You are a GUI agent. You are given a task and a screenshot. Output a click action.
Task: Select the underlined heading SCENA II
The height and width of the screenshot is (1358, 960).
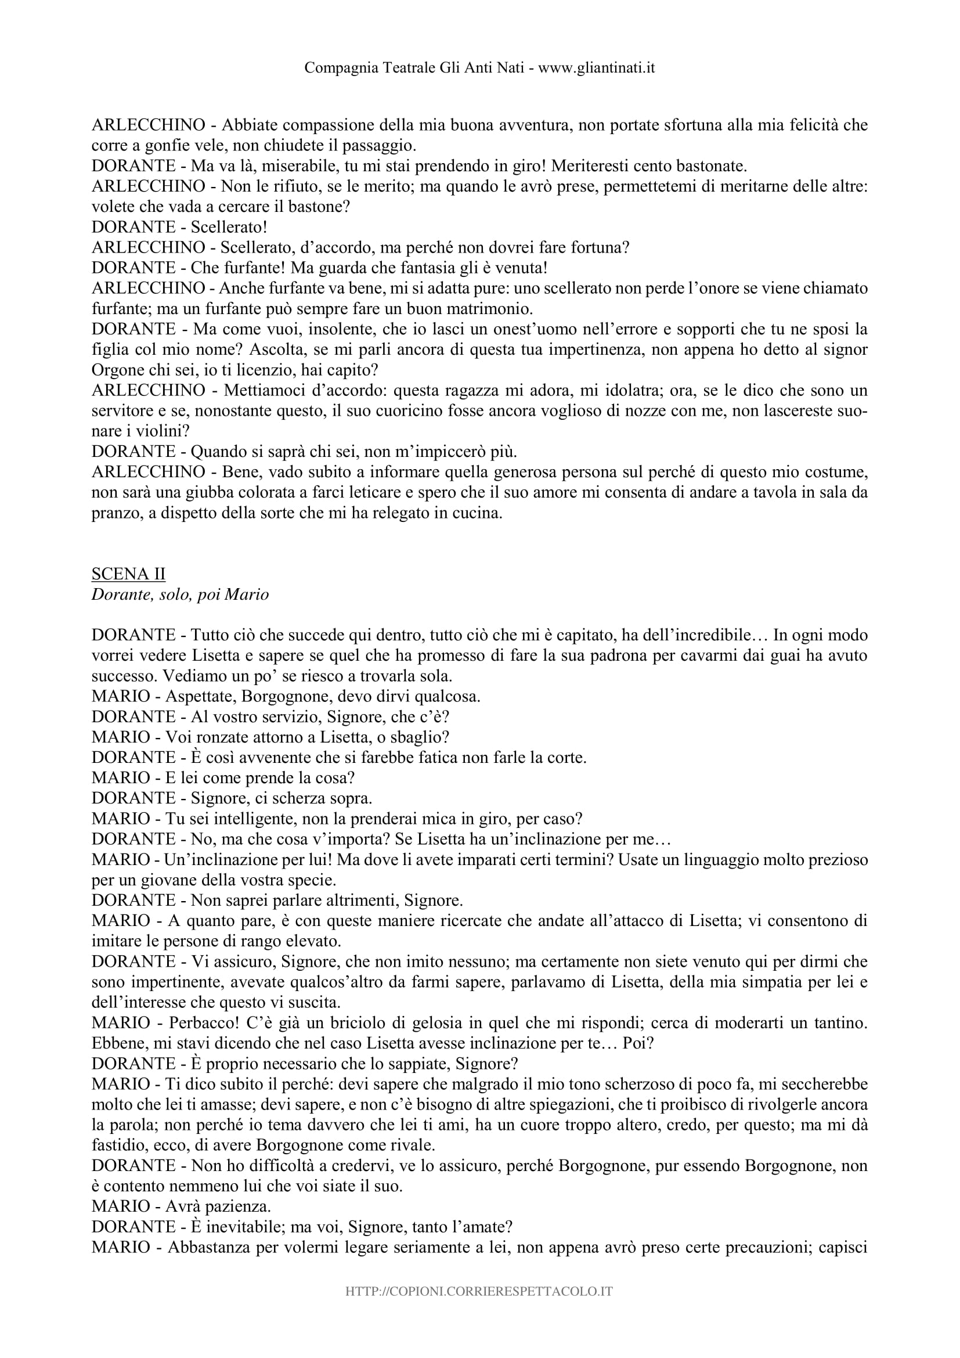pyautogui.click(x=128, y=574)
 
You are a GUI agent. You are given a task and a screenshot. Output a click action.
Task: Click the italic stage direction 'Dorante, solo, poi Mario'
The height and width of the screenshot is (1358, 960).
pyautogui.click(x=180, y=595)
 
